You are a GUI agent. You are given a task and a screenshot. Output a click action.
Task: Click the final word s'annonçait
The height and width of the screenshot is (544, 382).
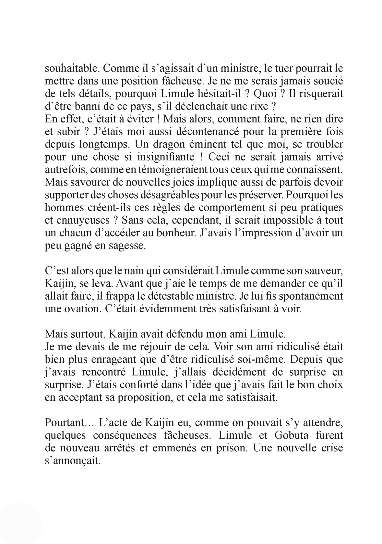[72, 461]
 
